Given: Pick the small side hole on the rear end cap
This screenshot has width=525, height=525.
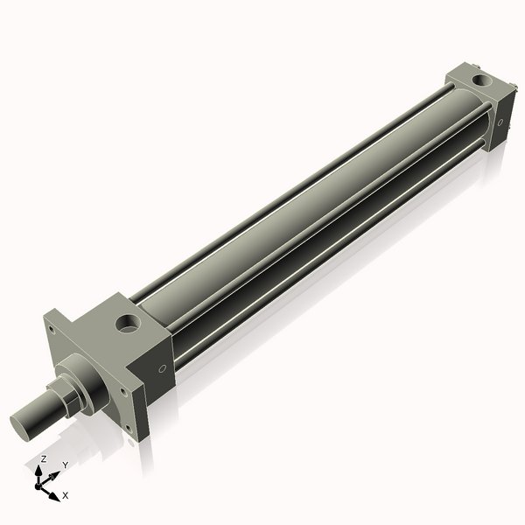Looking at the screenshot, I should (x=501, y=122).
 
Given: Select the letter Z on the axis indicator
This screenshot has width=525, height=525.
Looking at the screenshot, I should (x=43, y=458).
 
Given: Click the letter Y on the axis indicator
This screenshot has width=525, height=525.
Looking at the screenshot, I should (x=65, y=465).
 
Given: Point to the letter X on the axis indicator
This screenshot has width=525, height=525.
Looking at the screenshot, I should (x=65, y=495).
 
